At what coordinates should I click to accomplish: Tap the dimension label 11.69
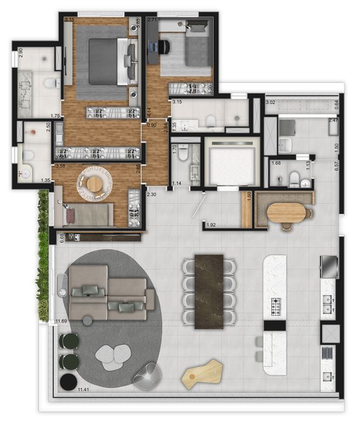click(x=61, y=322)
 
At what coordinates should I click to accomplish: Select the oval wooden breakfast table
click(x=287, y=212)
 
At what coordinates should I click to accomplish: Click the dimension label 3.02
click(x=271, y=103)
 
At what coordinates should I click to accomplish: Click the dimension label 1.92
click(x=211, y=225)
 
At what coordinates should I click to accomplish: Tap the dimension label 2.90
click(x=20, y=53)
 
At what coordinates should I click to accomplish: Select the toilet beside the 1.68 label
click(x=294, y=178)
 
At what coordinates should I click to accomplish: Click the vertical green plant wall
click(x=43, y=258)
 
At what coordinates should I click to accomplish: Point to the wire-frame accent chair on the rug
click(x=146, y=375)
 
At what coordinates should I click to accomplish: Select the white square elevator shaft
click(x=231, y=161)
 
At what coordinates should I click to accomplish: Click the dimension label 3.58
click(x=59, y=165)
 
